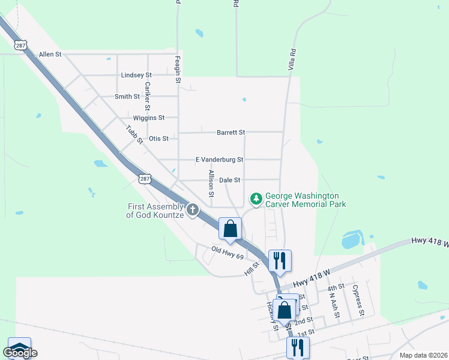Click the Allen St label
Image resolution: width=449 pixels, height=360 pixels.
(50, 55)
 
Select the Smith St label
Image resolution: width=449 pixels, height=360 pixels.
(127, 97)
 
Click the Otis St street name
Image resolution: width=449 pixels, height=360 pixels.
(158, 139)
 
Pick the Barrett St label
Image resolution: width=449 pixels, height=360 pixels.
(231, 132)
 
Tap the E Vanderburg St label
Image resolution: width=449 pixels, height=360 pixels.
(219, 160)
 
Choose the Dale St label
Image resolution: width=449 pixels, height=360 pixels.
(230, 180)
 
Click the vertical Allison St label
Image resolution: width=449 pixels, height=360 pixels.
(211, 184)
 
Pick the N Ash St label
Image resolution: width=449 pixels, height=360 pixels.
(334, 304)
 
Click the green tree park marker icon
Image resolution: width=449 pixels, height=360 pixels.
(256, 199)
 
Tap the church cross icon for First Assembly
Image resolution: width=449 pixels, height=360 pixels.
(193, 210)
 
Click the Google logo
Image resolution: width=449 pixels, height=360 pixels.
(20, 353)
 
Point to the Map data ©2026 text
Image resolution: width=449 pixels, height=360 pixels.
(424, 355)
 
